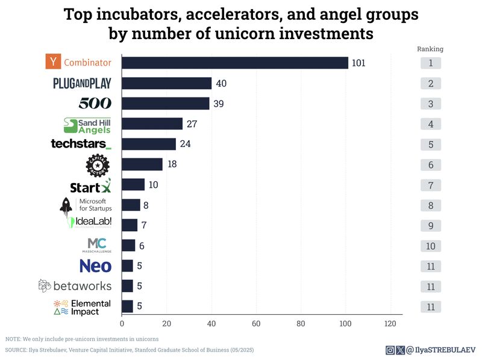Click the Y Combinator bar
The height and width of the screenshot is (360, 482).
[x=235, y=63]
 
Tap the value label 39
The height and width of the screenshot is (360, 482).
[x=218, y=104]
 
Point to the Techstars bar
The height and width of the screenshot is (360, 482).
[x=149, y=144]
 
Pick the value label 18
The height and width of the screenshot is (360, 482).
[x=172, y=164]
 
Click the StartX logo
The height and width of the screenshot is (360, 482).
[x=90, y=185]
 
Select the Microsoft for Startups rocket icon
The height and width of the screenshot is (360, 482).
[x=66, y=205]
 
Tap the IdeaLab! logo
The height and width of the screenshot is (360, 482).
[x=90, y=222]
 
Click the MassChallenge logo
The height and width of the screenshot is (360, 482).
[x=97, y=244]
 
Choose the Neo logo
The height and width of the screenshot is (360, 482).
[x=95, y=265]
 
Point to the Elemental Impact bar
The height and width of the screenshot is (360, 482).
[x=127, y=306]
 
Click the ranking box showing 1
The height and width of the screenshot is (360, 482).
[x=430, y=63]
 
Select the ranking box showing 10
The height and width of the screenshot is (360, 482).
[x=430, y=246]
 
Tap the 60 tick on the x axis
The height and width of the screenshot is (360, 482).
[x=257, y=323]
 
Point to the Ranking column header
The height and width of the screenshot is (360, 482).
[x=430, y=49]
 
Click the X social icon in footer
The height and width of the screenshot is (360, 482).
[x=400, y=350]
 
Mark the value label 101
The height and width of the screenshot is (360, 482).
[x=359, y=63]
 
